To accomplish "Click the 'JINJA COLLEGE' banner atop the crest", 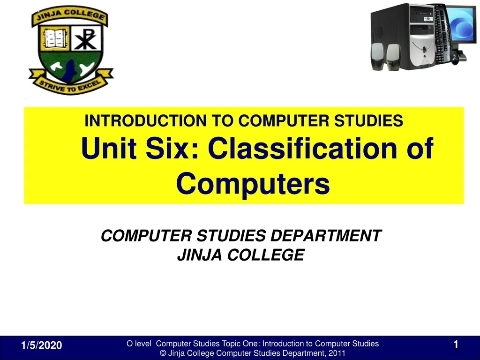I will pos(69,18).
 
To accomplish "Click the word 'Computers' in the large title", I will pos(253,184).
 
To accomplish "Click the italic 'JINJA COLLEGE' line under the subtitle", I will pos(240,255).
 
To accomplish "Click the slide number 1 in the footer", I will pos(455,345).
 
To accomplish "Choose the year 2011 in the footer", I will pos(337,353).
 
